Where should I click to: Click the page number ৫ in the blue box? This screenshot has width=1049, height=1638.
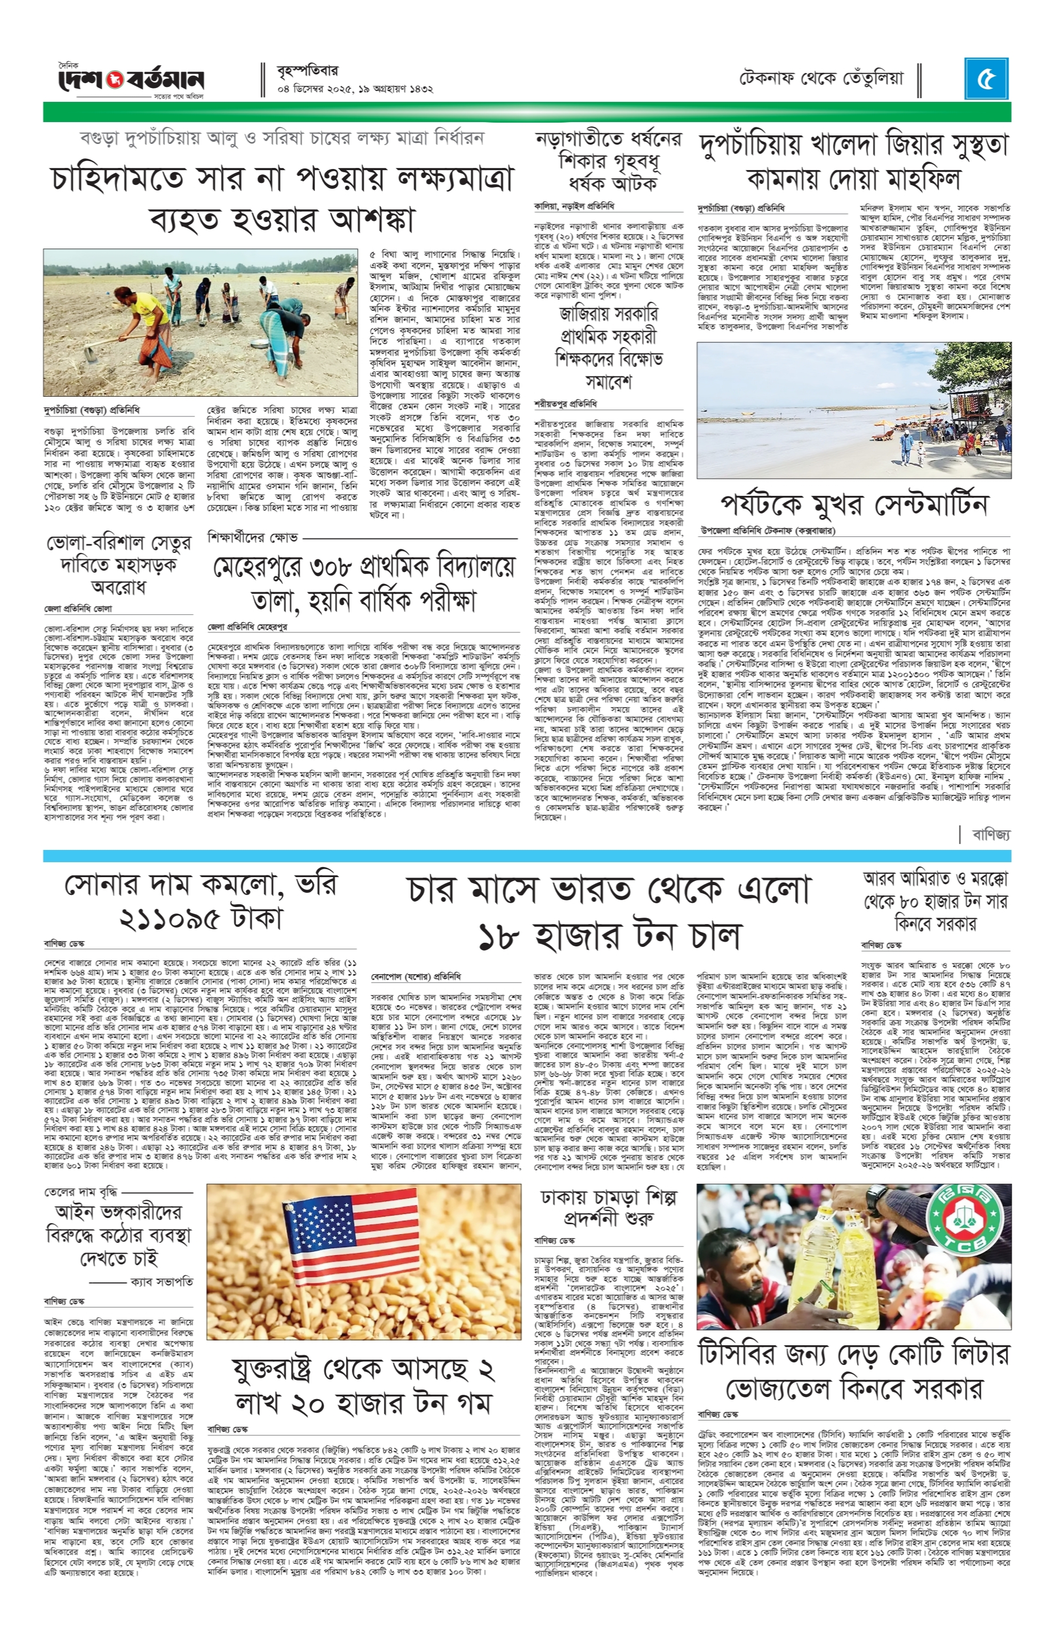tap(986, 79)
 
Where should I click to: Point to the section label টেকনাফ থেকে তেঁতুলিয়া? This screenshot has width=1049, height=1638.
tap(821, 79)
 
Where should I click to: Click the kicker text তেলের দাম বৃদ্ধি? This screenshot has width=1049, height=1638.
tap(80, 1192)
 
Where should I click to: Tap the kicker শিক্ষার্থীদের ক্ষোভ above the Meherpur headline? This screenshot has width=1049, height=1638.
tap(253, 537)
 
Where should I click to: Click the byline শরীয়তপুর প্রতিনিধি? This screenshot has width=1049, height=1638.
tap(566, 403)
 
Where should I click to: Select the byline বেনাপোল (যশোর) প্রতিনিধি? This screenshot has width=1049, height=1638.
tap(416, 976)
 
